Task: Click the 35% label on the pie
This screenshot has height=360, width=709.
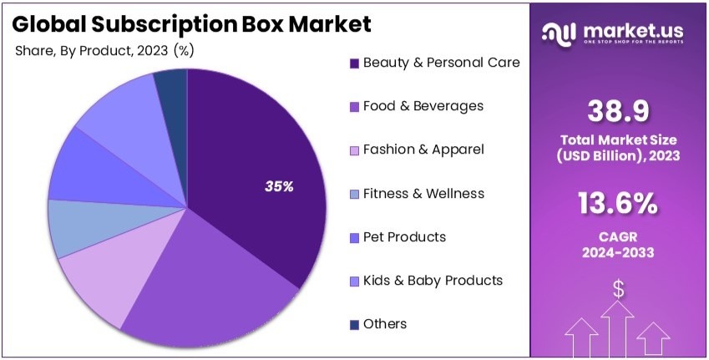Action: [279, 187]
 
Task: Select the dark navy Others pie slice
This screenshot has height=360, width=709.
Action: [172, 89]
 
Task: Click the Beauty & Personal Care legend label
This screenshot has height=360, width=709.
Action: [441, 63]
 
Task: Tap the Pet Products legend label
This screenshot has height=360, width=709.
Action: [404, 237]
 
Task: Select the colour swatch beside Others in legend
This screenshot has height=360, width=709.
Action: [355, 325]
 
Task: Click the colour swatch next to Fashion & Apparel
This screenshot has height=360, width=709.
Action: [355, 150]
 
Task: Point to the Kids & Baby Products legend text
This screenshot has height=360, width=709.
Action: [433, 281]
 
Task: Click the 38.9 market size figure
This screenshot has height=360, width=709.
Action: [618, 110]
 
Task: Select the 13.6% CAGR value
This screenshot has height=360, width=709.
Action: [618, 204]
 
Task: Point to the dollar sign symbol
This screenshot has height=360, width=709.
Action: [619, 289]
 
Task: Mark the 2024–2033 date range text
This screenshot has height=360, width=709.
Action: [618, 251]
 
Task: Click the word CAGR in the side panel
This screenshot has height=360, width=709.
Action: [618, 235]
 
